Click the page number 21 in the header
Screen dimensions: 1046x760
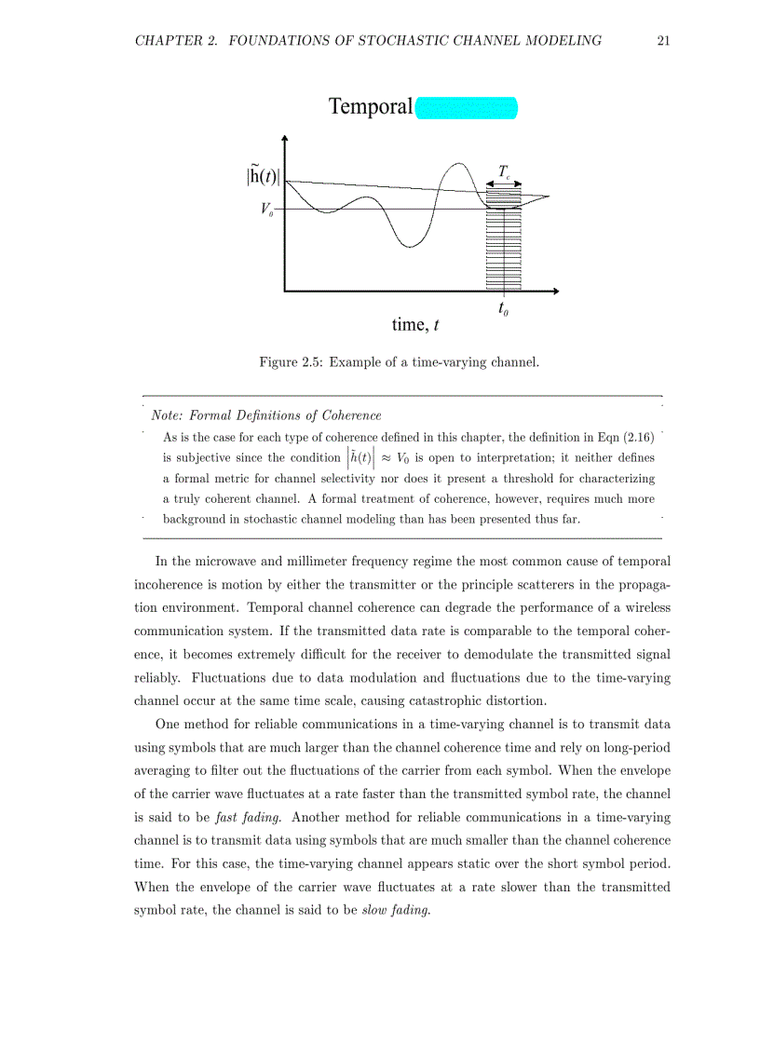click(x=663, y=40)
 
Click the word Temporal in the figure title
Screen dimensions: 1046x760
click(x=370, y=107)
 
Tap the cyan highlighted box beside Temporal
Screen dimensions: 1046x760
click(x=466, y=108)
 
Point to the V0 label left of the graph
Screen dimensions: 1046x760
click(x=266, y=209)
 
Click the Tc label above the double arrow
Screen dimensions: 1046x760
click(x=504, y=171)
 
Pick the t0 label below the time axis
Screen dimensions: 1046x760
click(x=503, y=308)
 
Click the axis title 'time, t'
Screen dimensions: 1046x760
click(x=415, y=324)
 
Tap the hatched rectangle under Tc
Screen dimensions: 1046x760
click(x=504, y=242)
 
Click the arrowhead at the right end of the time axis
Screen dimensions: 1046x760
click(x=555, y=292)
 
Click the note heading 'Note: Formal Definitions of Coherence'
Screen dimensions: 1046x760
click(x=265, y=415)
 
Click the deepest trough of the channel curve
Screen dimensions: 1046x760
click(x=408, y=247)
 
